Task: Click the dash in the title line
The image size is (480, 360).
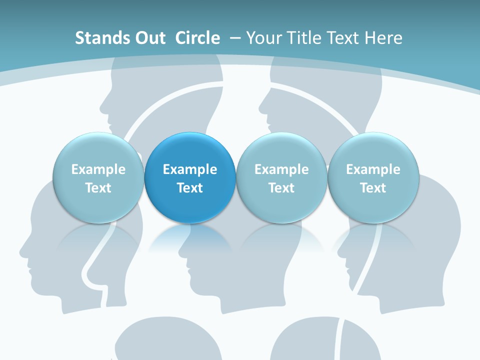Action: click(x=235, y=38)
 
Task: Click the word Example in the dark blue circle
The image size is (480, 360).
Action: click(x=190, y=169)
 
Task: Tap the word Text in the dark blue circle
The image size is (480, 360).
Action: click(x=190, y=188)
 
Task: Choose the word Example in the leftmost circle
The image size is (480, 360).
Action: click(x=98, y=169)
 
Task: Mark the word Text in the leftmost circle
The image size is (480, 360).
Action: click(x=98, y=188)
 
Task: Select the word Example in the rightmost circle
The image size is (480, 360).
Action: click(x=373, y=169)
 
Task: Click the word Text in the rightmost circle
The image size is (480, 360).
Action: click(x=373, y=188)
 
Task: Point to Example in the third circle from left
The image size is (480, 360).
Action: click(x=281, y=169)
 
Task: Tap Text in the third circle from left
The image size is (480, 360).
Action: click(x=281, y=188)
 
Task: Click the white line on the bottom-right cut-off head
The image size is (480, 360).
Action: click(x=339, y=340)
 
